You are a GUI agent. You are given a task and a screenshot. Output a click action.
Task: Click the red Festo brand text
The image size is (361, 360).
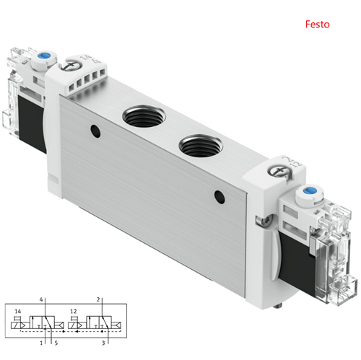point(317,25)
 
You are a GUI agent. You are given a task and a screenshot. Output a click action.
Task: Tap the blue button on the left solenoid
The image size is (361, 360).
point(43,56)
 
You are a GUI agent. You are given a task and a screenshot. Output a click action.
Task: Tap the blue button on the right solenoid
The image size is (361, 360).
point(308,191)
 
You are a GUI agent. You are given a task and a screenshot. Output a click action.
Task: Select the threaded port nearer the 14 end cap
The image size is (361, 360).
point(144,116)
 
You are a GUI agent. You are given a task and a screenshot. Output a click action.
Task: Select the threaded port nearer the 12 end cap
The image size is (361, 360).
point(200,146)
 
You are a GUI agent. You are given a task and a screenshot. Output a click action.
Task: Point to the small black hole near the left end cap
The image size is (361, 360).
point(95,131)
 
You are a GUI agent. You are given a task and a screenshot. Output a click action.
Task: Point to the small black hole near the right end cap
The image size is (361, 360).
point(219,197)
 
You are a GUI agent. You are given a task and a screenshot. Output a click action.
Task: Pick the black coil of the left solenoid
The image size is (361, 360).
point(32,123)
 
